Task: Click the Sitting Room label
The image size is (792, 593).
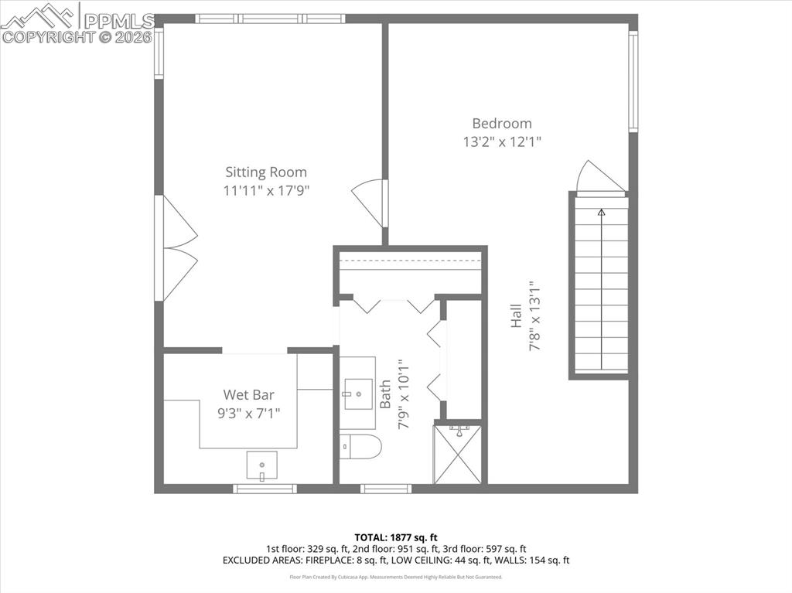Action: coord(266,172)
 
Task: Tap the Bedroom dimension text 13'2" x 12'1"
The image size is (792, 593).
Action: coord(502,141)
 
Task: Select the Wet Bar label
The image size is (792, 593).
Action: coord(248,394)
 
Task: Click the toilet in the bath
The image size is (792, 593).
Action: coord(361,446)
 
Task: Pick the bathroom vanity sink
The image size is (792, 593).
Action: coord(358,394)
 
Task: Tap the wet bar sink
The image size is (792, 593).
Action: coord(262,465)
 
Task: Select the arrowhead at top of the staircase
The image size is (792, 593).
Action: coord(601,211)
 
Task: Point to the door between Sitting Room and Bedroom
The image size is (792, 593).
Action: coord(370,202)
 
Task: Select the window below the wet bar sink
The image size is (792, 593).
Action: coord(265,489)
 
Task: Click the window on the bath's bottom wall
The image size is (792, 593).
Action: coord(386,489)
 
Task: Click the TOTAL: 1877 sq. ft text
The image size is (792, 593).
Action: coord(396,537)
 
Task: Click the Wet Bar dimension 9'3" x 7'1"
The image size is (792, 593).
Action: coord(248,412)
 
